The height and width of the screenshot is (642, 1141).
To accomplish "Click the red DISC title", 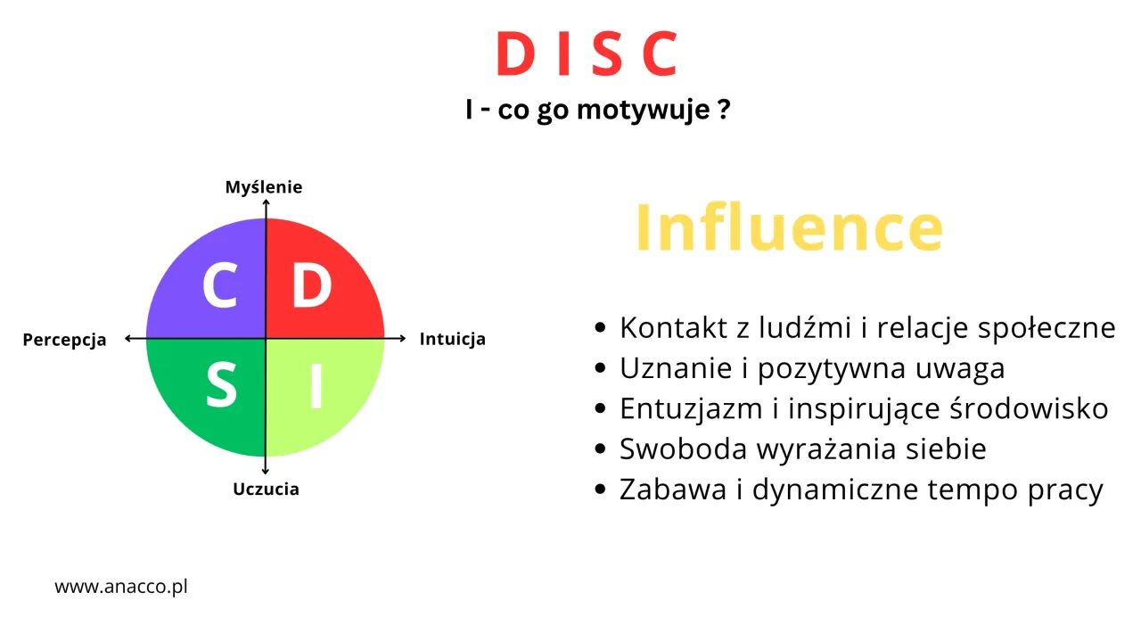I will [587, 54].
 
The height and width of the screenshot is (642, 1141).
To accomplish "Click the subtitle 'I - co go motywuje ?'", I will [598, 111].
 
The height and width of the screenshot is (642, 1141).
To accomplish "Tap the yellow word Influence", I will [789, 229].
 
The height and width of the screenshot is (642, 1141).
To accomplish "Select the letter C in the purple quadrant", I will [219, 285].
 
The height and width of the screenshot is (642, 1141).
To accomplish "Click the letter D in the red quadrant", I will [311, 285].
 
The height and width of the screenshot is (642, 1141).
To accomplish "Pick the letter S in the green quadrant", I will [221, 385].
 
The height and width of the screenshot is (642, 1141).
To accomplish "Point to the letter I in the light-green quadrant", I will [315, 385].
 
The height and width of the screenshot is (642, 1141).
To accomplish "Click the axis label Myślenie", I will [264, 187].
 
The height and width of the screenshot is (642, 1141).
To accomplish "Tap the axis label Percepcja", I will [64, 340].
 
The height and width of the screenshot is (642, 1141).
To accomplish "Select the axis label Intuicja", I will [453, 340].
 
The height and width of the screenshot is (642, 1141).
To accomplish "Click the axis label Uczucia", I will [266, 490].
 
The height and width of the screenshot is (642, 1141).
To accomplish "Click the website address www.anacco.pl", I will [121, 588].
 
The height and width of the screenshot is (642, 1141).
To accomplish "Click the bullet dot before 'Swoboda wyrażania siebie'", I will [601, 449].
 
